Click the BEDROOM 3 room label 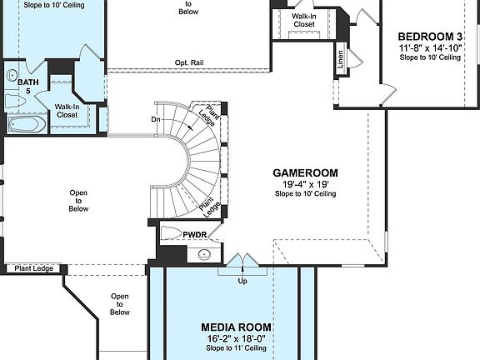coord(430,37)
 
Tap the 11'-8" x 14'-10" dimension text coord(430,49)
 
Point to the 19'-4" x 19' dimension coord(305,184)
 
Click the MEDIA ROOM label coord(237,327)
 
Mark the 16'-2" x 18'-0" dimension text coord(237,339)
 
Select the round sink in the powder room coord(204,254)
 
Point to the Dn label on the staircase coord(156,118)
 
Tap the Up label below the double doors coord(242,281)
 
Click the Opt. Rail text coord(190,62)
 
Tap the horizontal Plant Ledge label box coord(33,268)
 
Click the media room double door coord(242,262)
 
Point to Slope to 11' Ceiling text coord(237,349)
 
